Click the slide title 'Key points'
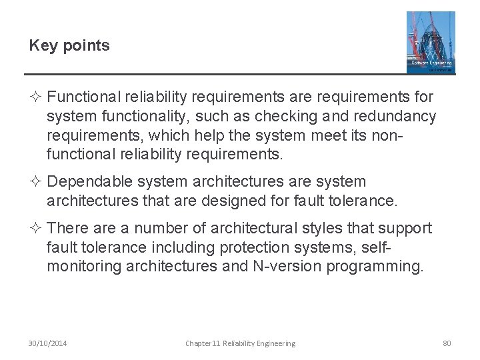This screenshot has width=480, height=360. [70, 46]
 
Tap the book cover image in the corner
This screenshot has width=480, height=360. [431, 42]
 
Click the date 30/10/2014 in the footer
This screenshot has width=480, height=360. [47, 343]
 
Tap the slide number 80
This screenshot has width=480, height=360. [447, 343]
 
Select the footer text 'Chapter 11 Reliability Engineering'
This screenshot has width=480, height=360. [240, 343]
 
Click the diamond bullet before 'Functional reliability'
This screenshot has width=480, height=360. [36, 97]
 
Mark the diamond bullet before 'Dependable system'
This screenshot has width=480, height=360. [36, 181]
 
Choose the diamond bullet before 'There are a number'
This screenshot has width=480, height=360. [36, 229]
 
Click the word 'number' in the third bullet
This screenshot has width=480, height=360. [153, 229]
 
